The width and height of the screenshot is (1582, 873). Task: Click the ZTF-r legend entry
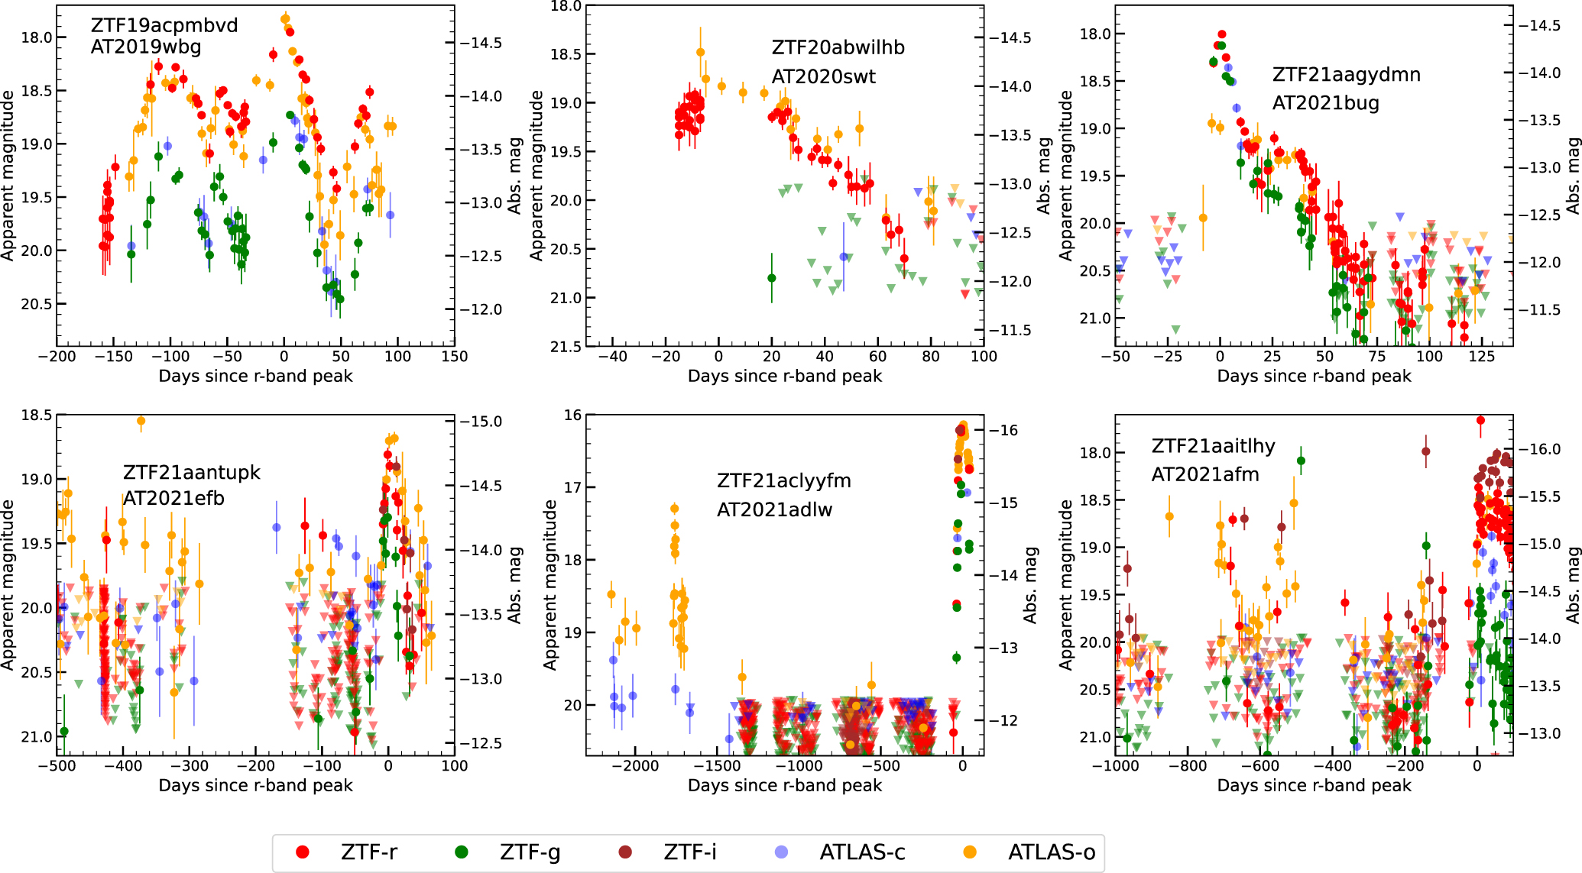[x=368, y=852]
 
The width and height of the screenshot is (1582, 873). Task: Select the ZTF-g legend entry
[x=530, y=852]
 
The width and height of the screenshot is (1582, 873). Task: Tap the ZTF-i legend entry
[x=689, y=852]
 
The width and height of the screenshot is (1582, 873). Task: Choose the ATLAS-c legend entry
[x=862, y=852]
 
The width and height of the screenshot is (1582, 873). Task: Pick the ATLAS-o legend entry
[x=1051, y=852]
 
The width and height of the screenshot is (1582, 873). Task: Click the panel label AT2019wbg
[x=146, y=47]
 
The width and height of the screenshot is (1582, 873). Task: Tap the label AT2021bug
[x=1325, y=103]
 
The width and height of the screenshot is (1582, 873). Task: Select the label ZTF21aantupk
[x=192, y=473]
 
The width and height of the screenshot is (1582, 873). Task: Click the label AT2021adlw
[x=774, y=510]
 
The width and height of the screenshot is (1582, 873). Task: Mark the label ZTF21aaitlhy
[x=1213, y=446]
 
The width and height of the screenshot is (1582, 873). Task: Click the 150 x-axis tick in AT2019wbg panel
[x=454, y=357]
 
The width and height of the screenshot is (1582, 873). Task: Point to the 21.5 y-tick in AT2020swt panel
[x=566, y=347]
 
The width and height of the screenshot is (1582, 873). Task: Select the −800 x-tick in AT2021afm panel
[x=1188, y=766]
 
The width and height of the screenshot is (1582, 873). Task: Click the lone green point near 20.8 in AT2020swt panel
[x=772, y=278]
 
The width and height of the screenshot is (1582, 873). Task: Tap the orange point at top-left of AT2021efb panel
[x=141, y=421]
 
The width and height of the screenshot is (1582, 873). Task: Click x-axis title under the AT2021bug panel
[x=1314, y=376]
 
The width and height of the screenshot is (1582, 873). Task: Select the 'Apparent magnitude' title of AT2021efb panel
[x=8, y=585]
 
